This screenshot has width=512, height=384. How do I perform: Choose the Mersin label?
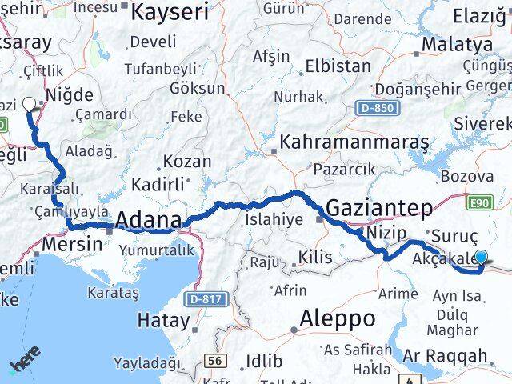click(77, 243)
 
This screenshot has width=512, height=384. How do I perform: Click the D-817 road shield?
click(206, 298)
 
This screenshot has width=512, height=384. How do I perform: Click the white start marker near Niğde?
click(30, 103)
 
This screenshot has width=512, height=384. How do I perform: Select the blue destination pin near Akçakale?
click(481, 258)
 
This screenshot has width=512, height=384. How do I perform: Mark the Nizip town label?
click(388, 233)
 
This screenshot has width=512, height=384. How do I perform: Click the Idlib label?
click(262, 362)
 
